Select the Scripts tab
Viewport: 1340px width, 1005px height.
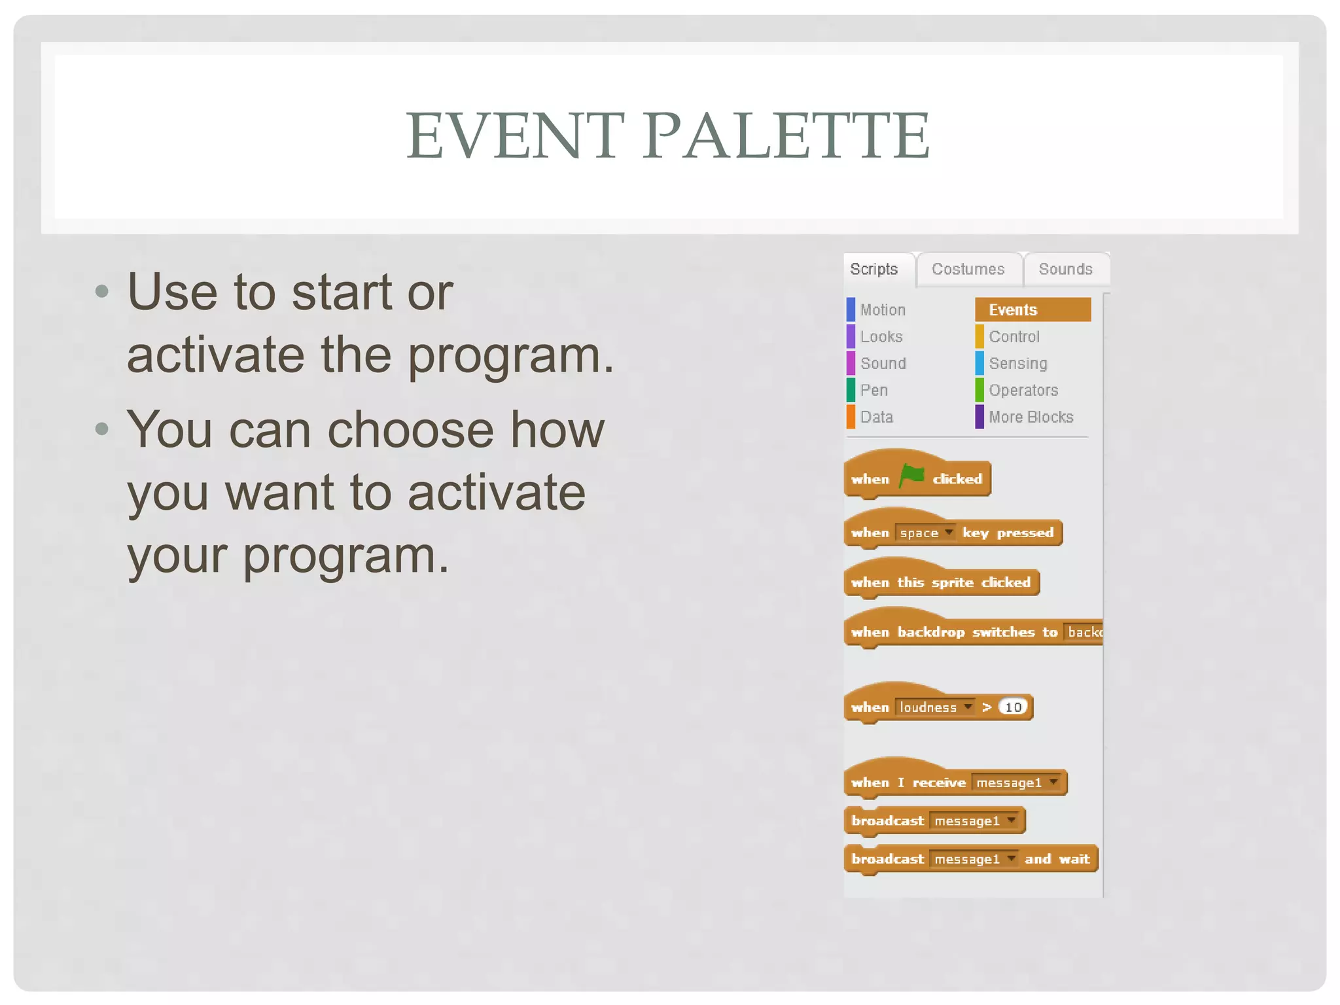coord(874,269)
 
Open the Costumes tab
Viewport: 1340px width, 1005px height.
coord(968,269)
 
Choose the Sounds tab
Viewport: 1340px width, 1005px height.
coord(1065,269)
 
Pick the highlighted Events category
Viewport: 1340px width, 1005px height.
coord(1032,309)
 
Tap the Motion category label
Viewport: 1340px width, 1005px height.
coord(883,309)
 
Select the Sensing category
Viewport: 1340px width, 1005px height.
coord(1017,363)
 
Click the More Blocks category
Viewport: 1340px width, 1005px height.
coord(1031,417)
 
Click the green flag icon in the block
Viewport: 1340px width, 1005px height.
coord(911,476)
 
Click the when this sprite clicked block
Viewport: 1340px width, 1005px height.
coord(941,582)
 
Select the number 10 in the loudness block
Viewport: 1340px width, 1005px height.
coord(1013,707)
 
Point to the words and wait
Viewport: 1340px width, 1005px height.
coord(1057,859)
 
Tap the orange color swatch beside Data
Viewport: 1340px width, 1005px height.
coord(851,417)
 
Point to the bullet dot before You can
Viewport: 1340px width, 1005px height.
coord(101,429)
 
